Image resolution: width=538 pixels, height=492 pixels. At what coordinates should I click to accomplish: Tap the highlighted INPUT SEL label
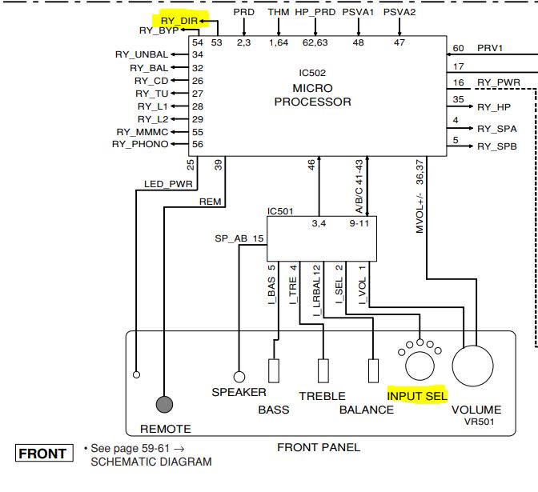click(x=416, y=396)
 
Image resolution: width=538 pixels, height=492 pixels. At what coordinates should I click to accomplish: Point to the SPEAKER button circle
click(x=239, y=376)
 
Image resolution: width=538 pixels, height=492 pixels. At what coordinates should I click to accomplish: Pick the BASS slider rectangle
click(x=274, y=370)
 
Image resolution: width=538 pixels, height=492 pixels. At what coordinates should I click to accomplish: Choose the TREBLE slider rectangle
click(x=323, y=370)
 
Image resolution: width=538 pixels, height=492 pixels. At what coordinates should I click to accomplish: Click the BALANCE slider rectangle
click(x=373, y=370)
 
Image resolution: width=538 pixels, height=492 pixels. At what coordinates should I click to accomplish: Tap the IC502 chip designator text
click(x=312, y=72)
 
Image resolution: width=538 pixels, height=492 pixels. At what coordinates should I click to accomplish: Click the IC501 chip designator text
click(x=281, y=211)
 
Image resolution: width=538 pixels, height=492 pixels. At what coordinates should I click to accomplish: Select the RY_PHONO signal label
click(x=140, y=144)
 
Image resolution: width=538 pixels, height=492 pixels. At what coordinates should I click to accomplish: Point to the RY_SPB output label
click(x=497, y=146)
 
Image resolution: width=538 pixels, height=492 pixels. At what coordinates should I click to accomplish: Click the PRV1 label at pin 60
click(x=490, y=49)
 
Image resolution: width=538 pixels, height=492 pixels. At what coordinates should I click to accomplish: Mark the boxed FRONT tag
click(x=42, y=454)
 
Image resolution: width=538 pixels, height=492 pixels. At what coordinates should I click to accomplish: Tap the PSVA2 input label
click(x=399, y=13)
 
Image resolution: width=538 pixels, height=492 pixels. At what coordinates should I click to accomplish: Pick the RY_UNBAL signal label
click(x=141, y=54)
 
